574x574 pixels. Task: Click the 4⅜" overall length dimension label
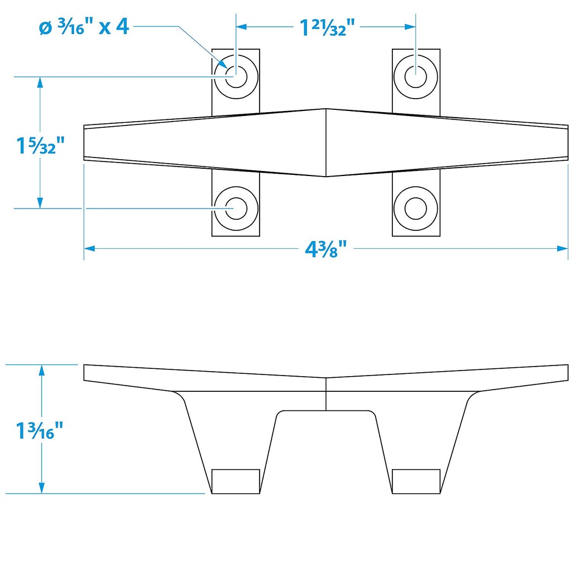pos(326,249)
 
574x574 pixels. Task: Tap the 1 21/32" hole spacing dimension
pos(327,27)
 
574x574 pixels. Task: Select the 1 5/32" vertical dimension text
pos(40,145)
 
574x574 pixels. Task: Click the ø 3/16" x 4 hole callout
pos(84,26)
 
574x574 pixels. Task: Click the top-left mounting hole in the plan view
pos(236,77)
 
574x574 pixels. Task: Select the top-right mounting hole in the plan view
pos(415,77)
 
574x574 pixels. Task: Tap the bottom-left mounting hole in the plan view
pos(236,209)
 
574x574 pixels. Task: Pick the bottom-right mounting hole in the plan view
pos(415,209)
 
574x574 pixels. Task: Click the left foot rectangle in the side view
pos(236,482)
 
